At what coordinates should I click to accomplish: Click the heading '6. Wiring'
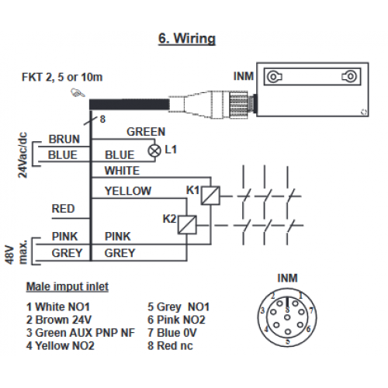pos(187,39)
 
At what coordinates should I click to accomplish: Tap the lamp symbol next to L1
pos(154,151)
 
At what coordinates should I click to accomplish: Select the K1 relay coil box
pos(210,196)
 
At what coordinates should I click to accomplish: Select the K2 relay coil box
pos(187,225)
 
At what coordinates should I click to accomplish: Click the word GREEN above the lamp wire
pos(146,132)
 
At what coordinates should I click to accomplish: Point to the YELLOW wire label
pos(128,191)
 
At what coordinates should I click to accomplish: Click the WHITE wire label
pos(122,171)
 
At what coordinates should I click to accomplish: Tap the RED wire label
pos(63,209)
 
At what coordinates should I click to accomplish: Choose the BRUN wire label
pos(64,140)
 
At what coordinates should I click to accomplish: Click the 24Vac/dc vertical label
pos(23,155)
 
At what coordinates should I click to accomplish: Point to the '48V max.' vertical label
pos(16,252)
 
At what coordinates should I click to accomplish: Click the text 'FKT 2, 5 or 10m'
pos(62,77)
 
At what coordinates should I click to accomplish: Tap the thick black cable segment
pos(130,104)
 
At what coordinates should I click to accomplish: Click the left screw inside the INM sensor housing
pos(274,77)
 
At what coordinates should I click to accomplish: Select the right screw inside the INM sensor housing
pos(350,77)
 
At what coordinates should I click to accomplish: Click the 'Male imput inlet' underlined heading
pos(68,286)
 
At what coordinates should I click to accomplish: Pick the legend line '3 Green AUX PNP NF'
pos(81,333)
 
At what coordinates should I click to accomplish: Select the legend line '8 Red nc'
pos(170,346)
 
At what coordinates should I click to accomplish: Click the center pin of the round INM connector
pos(287,317)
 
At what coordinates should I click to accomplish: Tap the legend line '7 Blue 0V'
pos(172,333)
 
